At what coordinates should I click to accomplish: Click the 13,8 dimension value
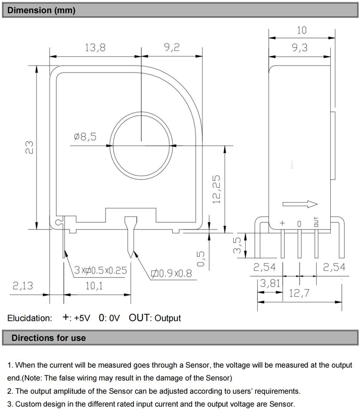95,48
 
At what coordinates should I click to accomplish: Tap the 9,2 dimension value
172,47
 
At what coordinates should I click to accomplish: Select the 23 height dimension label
29,147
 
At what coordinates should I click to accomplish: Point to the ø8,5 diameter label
85,137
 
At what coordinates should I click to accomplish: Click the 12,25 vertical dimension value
216,190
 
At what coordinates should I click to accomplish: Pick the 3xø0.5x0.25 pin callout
100,270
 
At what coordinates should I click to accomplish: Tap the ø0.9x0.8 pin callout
171,274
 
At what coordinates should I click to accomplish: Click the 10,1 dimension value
94,286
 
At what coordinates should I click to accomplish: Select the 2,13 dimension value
23,286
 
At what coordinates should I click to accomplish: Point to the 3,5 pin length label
237,245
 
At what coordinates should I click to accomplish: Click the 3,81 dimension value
270,283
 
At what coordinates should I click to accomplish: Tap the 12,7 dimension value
299,293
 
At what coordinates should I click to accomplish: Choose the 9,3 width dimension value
300,48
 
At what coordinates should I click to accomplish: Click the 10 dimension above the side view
302,30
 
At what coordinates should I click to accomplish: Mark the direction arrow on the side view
300,204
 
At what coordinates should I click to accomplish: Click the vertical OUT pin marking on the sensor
316,222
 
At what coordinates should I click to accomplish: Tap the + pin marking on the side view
282,223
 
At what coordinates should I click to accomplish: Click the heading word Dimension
29,10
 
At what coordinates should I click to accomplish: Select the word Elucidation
30,318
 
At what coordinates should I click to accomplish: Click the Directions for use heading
48,338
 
